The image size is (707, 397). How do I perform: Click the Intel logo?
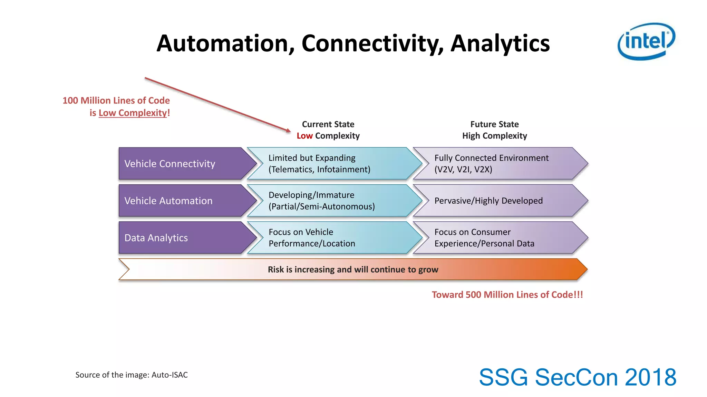click(646, 41)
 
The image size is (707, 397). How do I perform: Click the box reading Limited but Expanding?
click(331, 164)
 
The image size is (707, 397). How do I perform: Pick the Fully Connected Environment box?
click(497, 164)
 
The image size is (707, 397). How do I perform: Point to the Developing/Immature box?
click(331, 201)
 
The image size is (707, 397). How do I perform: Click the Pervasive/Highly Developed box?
click(497, 201)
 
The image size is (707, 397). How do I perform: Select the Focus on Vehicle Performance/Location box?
click(331, 238)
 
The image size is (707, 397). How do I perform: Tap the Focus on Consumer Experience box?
click(497, 238)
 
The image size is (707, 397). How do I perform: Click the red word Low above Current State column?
click(304, 136)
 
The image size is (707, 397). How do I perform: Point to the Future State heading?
click(494, 124)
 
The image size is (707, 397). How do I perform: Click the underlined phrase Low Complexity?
click(133, 113)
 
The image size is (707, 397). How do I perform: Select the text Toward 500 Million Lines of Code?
click(507, 295)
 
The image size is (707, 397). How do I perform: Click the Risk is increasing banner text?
click(353, 269)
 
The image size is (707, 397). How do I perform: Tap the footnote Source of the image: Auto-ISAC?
click(132, 375)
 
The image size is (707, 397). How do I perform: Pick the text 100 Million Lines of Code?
click(116, 101)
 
